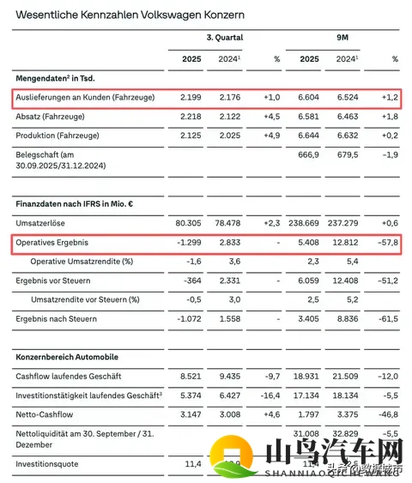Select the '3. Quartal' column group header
[x=225, y=38]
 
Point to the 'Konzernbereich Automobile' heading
[x=67, y=356]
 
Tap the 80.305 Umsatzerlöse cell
[x=188, y=222]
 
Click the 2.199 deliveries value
[x=191, y=97]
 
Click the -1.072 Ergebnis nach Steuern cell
[x=190, y=317]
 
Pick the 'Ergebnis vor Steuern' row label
[x=56, y=280]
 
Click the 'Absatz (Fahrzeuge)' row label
[x=53, y=117]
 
